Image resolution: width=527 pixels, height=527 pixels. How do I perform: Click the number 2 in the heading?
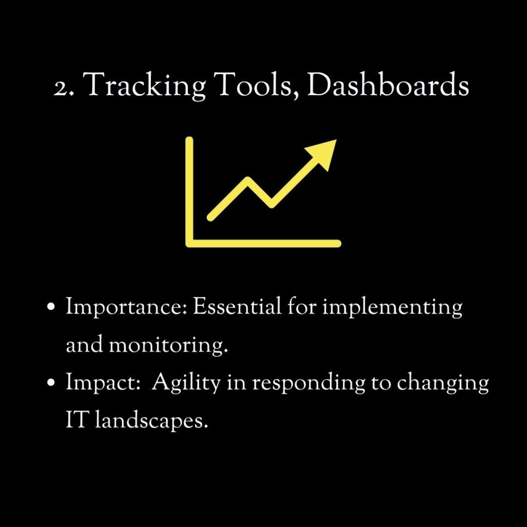pyautogui.click(x=61, y=89)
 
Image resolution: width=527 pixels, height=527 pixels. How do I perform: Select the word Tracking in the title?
pyautogui.click(x=144, y=86)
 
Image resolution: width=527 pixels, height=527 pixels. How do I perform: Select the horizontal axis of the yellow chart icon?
pyautogui.click(x=263, y=243)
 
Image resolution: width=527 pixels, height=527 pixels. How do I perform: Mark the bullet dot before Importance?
pyautogui.click(x=51, y=307)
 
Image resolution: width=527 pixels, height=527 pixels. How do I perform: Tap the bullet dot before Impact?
pyautogui.click(x=51, y=382)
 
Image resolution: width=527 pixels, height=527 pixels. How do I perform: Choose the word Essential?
pyautogui.click(x=237, y=306)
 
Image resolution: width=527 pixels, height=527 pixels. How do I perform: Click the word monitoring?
pyautogui.click(x=168, y=345)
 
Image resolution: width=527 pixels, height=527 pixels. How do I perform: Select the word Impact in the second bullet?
pyautogui.click(x=103, y=383)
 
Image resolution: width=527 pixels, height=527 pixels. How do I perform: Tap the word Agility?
pyautogui.click(x=186, y=383)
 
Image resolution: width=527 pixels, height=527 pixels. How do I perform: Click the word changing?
pyautogui.click(x=443, y=383)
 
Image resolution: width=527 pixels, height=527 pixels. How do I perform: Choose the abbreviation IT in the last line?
pyautogui.click(x=77, y=419)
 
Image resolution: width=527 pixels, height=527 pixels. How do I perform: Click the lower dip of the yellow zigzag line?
pyautogui.click(x=271, y=204)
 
